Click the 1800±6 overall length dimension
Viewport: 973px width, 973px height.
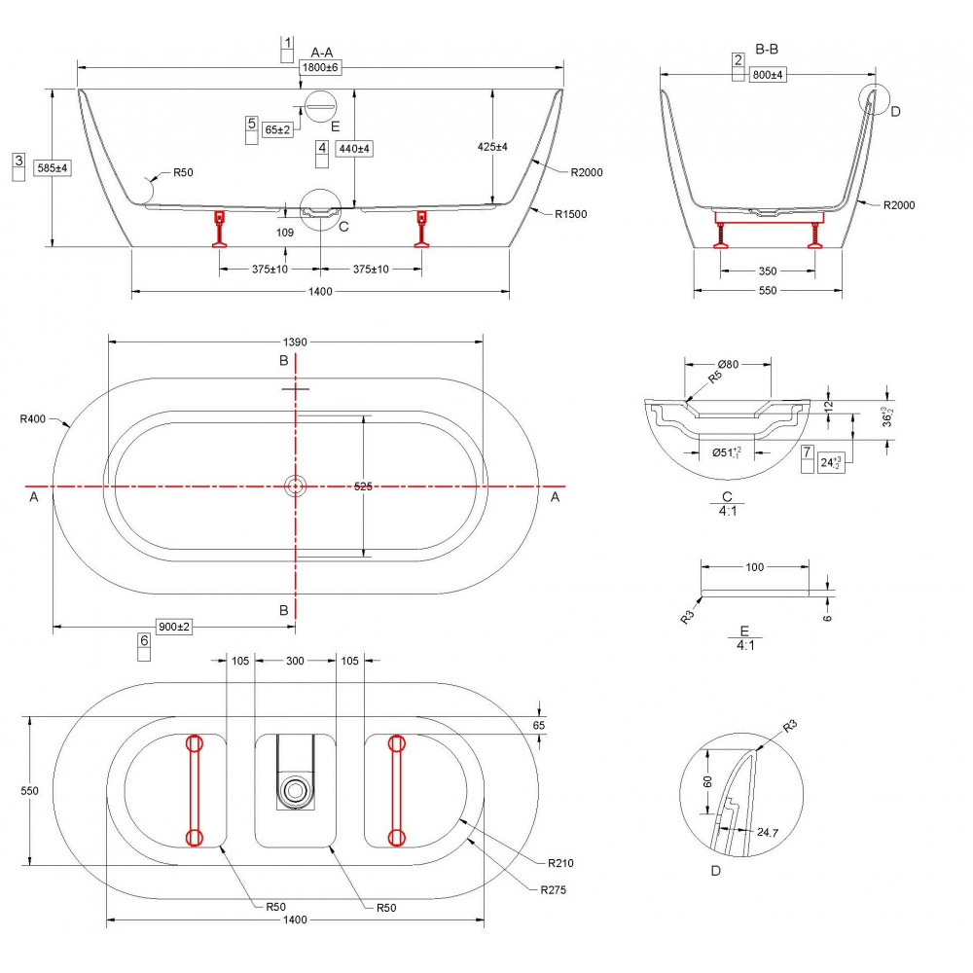(x=319, y=67)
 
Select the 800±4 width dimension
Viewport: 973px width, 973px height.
(x=769, y=74)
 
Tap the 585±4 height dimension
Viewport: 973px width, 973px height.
(x=53, y=168)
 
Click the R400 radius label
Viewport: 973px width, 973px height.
(x=33, y=419)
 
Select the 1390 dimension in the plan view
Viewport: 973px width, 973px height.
(x=295, y=342)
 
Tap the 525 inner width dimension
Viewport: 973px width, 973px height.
(x=363, y=486)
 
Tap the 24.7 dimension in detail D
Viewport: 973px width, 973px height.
(x=768, y=832)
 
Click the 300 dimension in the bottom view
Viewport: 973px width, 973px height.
(x=295, y=661)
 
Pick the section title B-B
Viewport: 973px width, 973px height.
(x=767, y=48)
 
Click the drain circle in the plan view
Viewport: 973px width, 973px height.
(x=295, y=486)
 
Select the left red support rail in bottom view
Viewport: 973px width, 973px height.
(x=193, y=790)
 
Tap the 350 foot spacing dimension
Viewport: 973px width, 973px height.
(x=768, y=270)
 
